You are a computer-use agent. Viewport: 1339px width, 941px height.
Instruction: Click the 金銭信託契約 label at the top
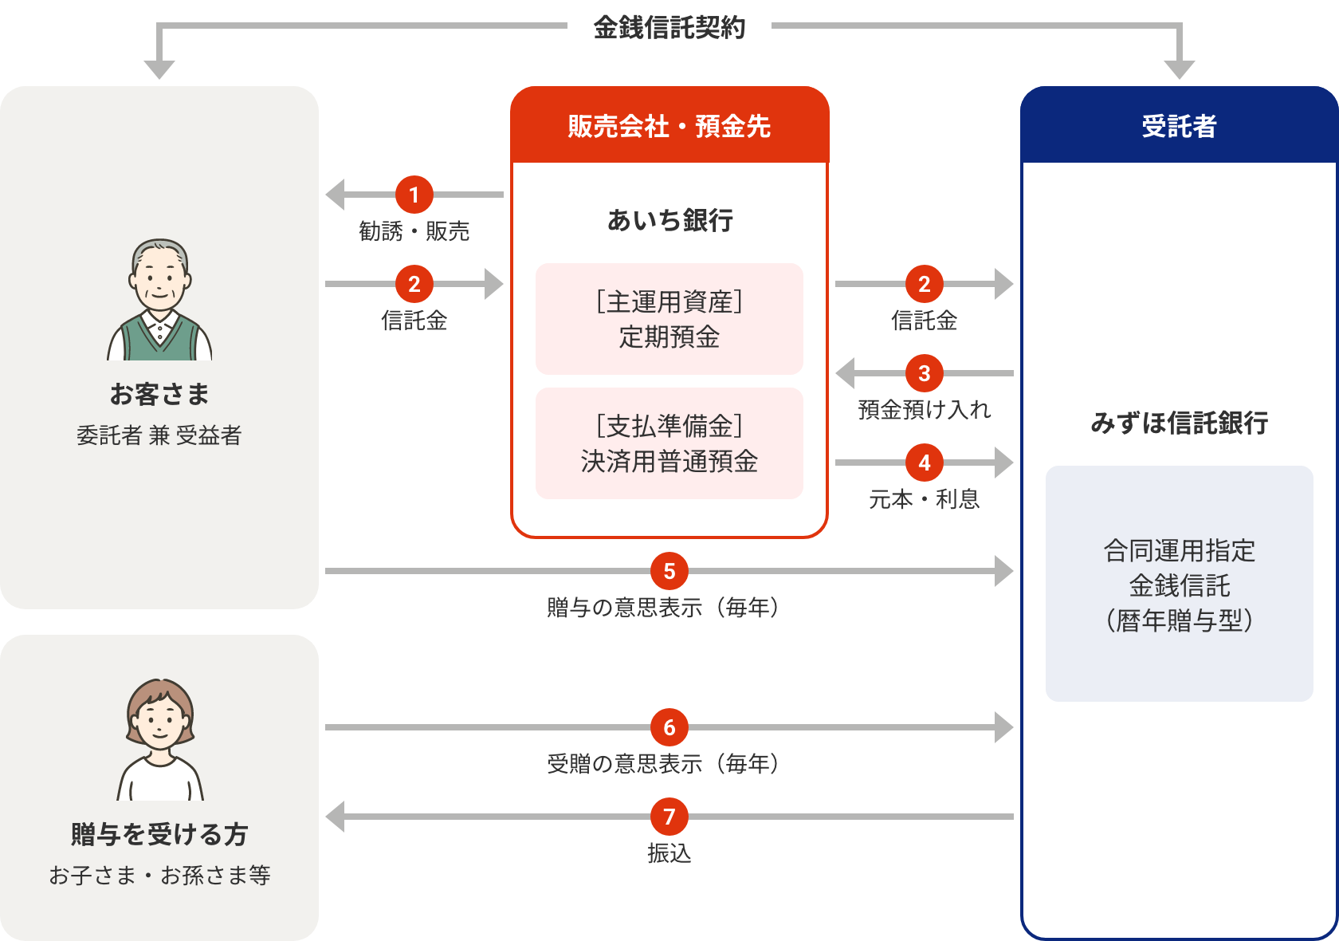[x=669, y=27]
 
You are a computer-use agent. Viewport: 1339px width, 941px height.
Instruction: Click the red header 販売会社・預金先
[x=669, y=126]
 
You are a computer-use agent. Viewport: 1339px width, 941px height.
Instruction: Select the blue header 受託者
[x=1179, y=126]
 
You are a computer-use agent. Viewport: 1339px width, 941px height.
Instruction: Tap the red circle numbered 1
[x=414, y=195]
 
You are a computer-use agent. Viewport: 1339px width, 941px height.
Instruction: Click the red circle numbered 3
[x=924, y=373]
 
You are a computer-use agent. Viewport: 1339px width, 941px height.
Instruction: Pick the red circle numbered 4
[x=924, y=463]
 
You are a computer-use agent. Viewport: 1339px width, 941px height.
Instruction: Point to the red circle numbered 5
[x=669, y=571]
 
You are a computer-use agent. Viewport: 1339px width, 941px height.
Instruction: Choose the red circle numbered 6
[x=669, y=727]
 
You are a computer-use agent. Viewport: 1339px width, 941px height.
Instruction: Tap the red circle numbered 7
[x=669, y=817]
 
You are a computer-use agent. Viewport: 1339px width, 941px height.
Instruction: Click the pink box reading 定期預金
[x=669, y=319]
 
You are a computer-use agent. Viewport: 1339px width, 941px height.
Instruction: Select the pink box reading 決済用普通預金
[x=669, y=443]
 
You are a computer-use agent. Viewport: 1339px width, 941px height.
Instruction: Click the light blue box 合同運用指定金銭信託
[x=1179, y=584]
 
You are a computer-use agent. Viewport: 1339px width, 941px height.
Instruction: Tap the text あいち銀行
[x=669, y=220]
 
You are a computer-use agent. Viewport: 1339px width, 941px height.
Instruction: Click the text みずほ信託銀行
[x=1179, y=423]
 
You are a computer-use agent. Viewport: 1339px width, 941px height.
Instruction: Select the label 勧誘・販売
[x=414, y=231]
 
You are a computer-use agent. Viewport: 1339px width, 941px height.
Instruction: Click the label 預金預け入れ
[x=924, y=410]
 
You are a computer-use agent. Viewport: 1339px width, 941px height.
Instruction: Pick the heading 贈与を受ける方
[x=159, y=834]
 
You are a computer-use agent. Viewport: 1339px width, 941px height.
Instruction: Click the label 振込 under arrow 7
[x=669, y=853]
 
